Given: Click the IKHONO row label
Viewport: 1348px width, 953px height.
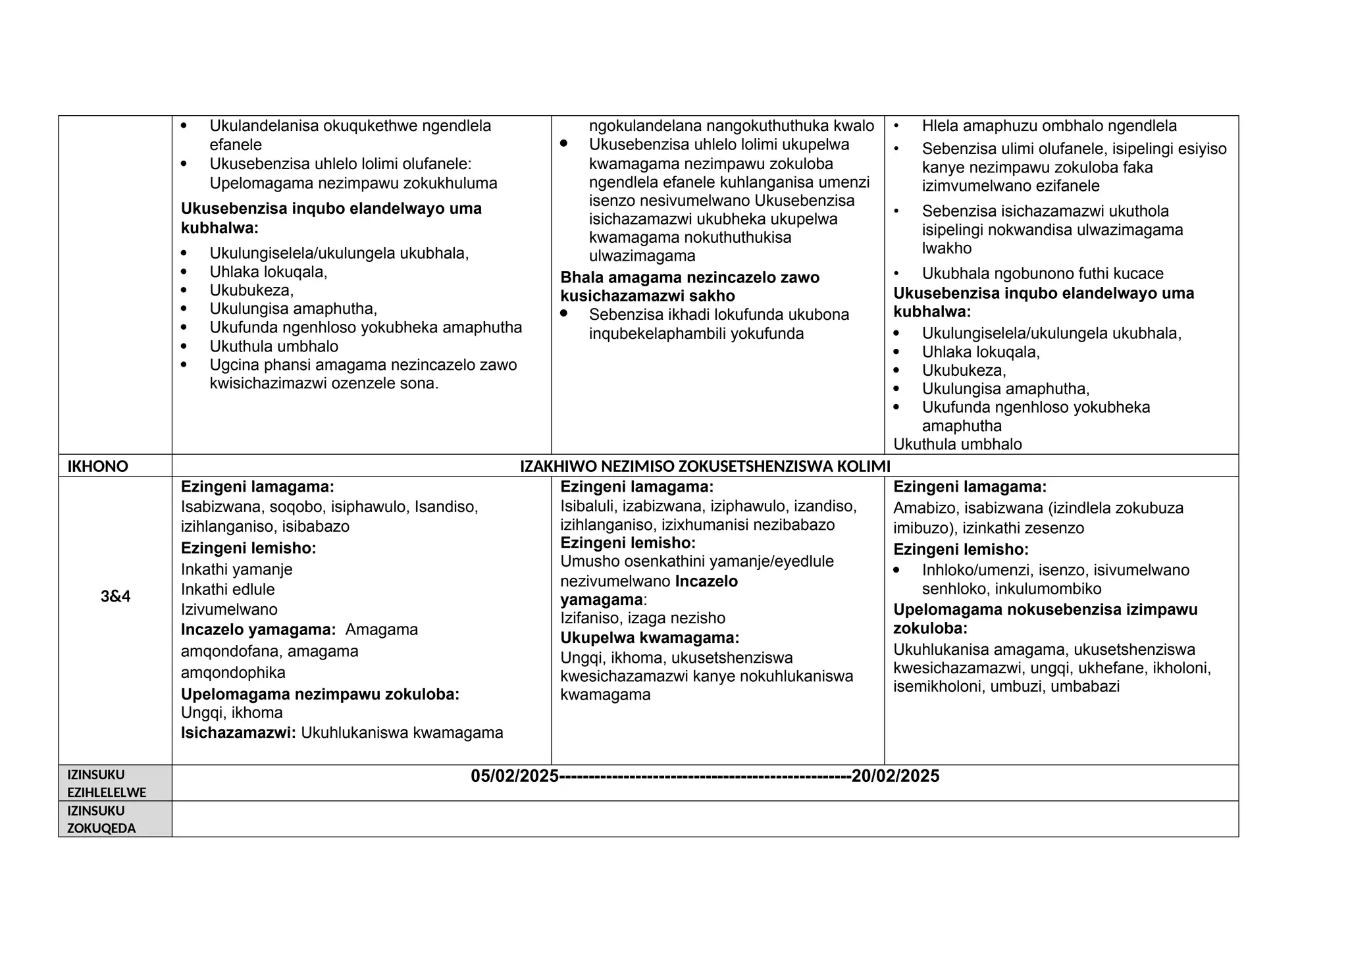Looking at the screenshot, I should point(97,467).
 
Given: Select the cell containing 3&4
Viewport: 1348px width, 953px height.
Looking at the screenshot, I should point(115,597).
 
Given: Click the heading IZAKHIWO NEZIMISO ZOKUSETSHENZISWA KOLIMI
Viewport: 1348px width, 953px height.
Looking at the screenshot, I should point(704,467).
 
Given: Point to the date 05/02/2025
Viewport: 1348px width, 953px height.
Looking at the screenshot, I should point(515,777).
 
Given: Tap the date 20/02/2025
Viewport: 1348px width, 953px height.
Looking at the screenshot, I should point(895,777).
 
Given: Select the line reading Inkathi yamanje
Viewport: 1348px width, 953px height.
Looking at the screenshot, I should point(236,569).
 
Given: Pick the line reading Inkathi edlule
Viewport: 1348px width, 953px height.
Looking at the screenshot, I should point(228,590).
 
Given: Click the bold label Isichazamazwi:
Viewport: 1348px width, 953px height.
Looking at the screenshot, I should point(238,733).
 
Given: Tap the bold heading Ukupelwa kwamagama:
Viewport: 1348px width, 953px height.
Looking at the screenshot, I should point(649,638).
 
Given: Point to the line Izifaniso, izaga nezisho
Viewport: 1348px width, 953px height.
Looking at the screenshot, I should point(642,619).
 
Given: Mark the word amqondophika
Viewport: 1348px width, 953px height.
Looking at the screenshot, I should point(233,673).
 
